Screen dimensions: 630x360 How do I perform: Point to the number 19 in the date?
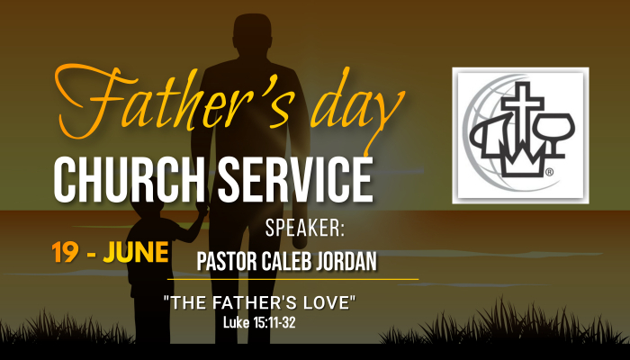point(65,252)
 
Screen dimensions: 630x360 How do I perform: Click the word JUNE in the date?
point(136,252)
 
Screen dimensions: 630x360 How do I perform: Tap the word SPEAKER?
point(305,229)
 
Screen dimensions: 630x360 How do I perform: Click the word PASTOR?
point(227,262)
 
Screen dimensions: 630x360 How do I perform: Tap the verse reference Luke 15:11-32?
point(259,322)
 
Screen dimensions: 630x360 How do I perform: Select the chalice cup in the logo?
point(555,135)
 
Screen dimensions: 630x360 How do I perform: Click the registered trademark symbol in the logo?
point(549,173)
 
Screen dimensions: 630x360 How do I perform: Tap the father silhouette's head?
point(252,32)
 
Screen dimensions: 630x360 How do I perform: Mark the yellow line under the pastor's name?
point(292,279)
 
